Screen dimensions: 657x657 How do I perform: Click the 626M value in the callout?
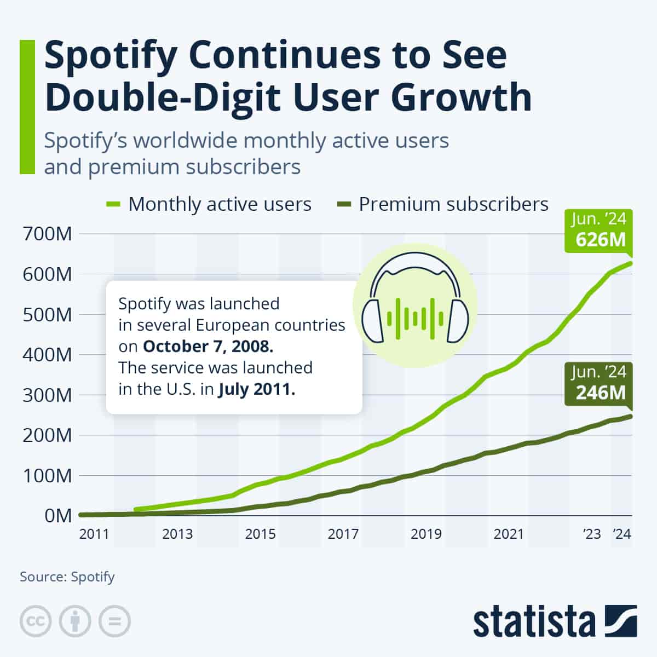(600, 239)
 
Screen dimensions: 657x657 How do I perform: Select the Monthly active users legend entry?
(220, 204)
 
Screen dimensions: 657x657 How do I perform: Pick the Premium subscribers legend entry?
(453, 204)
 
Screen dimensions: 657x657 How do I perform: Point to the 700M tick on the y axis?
(48, 234)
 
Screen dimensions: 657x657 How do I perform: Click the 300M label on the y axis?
(48, 395)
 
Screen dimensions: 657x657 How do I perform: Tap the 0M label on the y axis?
(57, 516)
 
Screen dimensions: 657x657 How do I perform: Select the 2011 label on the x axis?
(94, 534)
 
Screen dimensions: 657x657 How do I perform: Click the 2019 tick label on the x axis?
(426, 534)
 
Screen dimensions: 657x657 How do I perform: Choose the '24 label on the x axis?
(621, 534)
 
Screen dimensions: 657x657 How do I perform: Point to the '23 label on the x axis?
(591, 534)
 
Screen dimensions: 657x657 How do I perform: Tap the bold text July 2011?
(257, 390)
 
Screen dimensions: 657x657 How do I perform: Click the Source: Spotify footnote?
(67, 577)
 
